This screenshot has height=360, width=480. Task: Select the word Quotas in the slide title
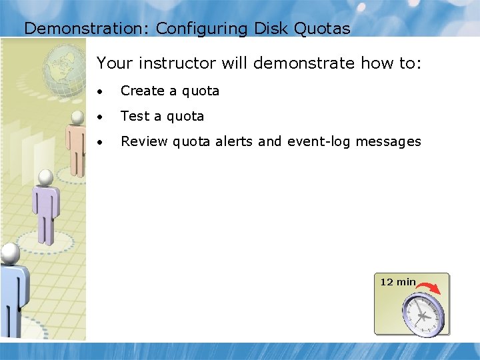[x=326, y=29]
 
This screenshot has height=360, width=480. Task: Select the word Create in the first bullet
[x=142, y=91]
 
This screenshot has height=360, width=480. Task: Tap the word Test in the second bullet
[x=135, y=116]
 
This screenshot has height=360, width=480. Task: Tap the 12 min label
[x=397, y=282]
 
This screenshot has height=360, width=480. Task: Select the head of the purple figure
[x=45, y=178]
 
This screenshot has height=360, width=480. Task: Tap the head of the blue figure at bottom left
[x=9, y=252]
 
